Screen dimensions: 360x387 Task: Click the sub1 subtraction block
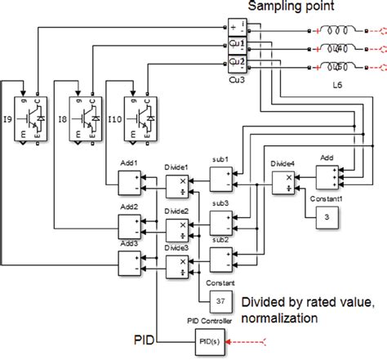click(221, 177)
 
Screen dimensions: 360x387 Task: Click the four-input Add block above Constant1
click(327, 176)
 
